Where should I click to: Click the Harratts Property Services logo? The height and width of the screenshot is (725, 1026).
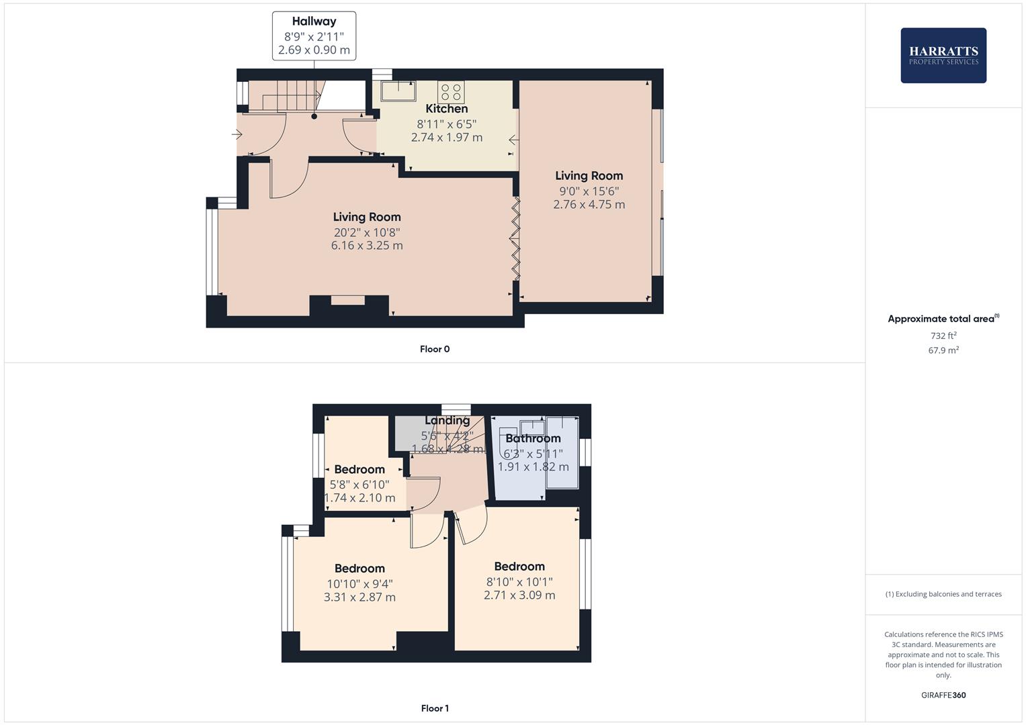tap(943, 55)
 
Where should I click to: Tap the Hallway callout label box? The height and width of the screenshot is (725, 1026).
tap(314, 36)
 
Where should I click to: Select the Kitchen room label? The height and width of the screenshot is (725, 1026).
tap(446, 109)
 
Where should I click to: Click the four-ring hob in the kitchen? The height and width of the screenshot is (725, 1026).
tap(451, 91)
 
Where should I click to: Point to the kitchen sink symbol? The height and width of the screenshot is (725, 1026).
tap(398, 90)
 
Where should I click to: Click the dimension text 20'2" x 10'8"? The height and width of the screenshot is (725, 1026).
tap(367, 232)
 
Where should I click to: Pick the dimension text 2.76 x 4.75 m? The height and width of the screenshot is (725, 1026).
tap(589, 205)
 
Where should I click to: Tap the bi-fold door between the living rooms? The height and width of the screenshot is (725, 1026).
tap(515, 238)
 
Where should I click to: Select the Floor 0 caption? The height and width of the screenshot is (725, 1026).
tap(435, 349)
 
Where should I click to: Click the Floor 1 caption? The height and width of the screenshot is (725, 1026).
tap(435, 708)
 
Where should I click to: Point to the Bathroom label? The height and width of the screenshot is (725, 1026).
tap(533, 438)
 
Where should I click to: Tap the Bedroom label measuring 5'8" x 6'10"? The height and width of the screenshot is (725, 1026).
tap(359, 469)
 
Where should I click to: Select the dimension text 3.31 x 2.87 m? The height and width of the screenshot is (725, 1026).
tap(359, 597)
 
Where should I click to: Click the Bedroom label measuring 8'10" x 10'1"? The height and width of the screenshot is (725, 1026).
tap(519, 567)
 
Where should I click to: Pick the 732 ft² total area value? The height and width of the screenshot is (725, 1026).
tap(943, 336)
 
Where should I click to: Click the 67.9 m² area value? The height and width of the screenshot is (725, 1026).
tap(943, 350)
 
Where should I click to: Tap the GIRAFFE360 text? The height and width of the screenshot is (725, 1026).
tap(943, 695)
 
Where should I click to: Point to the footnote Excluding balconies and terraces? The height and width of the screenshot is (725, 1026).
tap(943, 594)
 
